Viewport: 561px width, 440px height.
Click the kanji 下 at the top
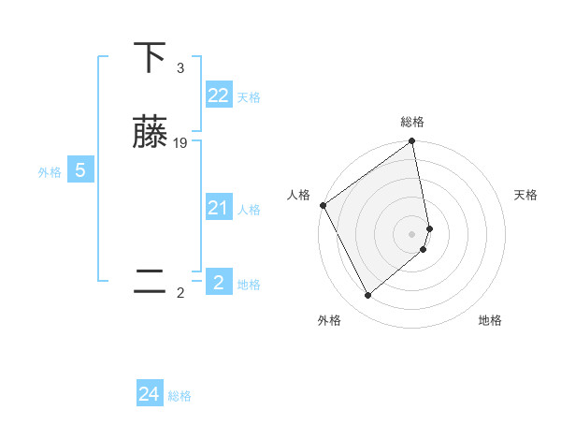pyautogui.click(x=150, y=58)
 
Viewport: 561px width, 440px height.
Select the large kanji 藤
pyautogui.click(x=150, y=132)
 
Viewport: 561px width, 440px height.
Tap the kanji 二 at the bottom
pyautogui.click(x=150, y=281)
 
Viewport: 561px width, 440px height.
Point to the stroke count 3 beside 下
pyautogui.click(x=180, y=68)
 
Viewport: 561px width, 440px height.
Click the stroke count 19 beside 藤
pyautogui.click(x=180, y=142)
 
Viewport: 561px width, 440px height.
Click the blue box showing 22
pyautogui.click(x=218, y=95)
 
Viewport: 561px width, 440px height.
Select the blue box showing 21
pyautogui.click(x=218, y=208)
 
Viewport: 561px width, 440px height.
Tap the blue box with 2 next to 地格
pyautogui.click(x=218, y=282)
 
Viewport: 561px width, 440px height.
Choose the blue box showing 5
pyautogui.click(x=80, y=170)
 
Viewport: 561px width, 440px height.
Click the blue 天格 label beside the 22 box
pyautogui.click(x=249, y=97)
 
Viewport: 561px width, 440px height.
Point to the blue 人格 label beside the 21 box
pyautogui.click(x=249, y=210)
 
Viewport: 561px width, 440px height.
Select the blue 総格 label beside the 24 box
pyautogui.click(x=180, y=396)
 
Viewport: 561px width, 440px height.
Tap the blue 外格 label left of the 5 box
pyautogui.click(x=49, y=172)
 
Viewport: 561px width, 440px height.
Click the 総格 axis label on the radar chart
pyautogui.click(x=412, y=122)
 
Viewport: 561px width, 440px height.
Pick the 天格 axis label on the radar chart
pyautogui.click(x=526, y=195)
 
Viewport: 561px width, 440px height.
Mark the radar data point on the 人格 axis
pyautogui.click(x=323, y=205)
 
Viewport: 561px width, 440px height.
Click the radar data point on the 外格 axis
pyautogui.click(x=367, y=296)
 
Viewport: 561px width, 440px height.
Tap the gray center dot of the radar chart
pyautogui.click(x=412, y=233)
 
